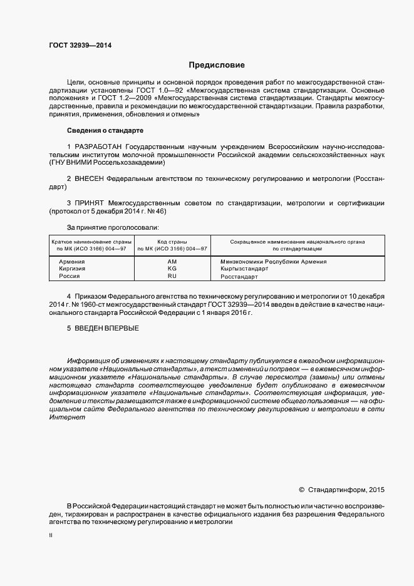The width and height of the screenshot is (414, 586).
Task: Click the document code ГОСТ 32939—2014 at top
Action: click(81, 45)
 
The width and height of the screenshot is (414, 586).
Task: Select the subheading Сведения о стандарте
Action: click(105, 130)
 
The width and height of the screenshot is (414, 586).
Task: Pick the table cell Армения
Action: click(72, 261)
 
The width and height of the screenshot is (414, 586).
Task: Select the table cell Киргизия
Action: click(72, 268)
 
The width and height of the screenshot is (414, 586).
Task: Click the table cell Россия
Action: click(70, 275)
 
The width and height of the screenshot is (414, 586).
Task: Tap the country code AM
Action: click(173, 261)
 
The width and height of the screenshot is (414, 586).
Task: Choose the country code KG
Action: click(173, 268)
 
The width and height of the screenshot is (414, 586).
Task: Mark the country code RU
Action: click(173, 275)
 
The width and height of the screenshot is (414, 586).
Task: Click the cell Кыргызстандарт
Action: click(244, 268)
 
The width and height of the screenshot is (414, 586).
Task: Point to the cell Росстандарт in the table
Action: click(240, 275)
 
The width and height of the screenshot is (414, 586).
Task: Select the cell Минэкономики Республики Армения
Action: click(274, 261)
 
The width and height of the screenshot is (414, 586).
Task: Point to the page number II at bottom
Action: click(51, 536)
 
